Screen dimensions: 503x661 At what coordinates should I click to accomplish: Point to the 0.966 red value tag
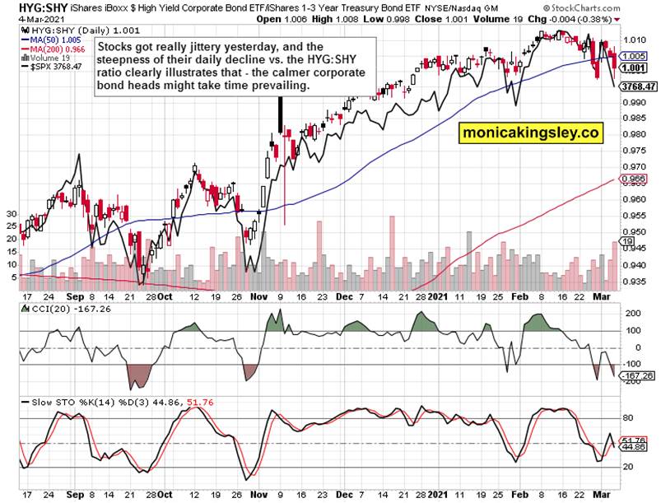tap(633, 179)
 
